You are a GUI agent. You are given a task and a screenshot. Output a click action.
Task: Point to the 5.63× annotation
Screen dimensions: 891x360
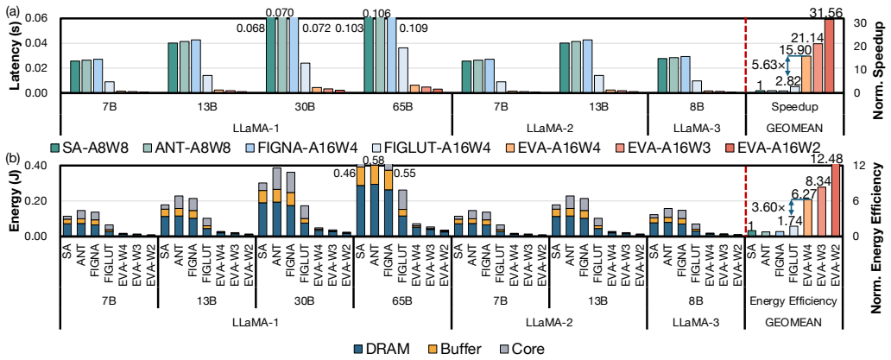766,66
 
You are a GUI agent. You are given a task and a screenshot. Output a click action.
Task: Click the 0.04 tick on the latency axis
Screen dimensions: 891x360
45,43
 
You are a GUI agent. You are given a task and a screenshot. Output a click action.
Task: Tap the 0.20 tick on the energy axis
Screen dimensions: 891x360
45,201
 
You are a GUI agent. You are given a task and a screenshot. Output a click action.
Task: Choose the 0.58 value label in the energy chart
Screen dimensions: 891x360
373,161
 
